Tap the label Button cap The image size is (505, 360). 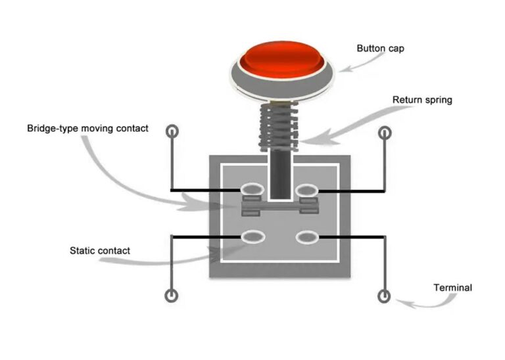point(379,48)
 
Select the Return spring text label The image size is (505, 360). point(422,101)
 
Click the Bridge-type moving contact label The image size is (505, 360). point(87,128)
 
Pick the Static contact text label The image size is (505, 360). point(100,250)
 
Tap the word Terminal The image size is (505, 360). point(452,288)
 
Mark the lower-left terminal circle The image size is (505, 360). point(172,295)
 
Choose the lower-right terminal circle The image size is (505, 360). point(385,295)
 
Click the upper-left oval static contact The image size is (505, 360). point(252,191)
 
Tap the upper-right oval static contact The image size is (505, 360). point(307,191)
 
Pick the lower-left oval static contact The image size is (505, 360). point(252,236)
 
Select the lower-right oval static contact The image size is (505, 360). point(307,236)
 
